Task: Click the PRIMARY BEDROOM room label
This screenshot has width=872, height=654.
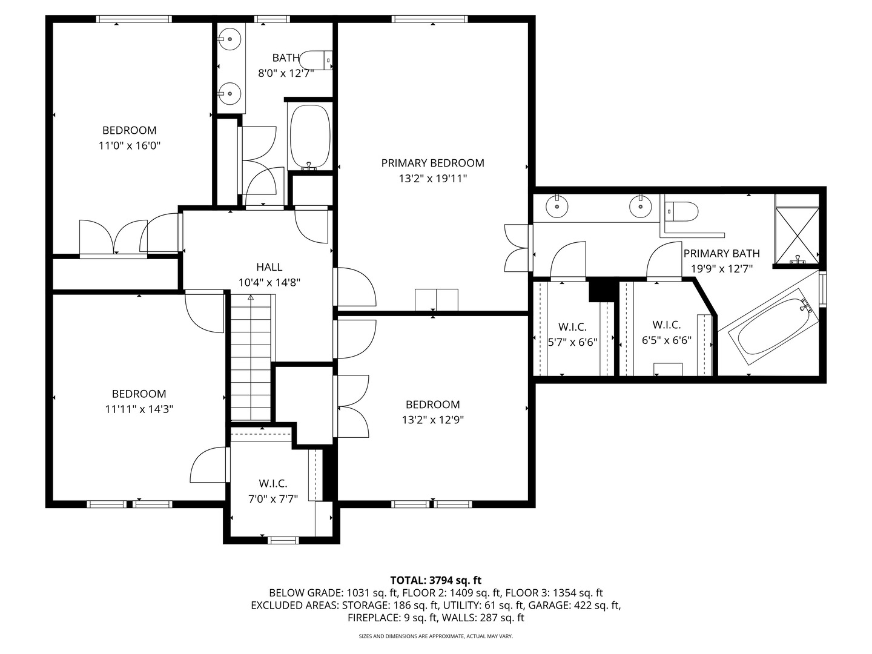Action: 432,163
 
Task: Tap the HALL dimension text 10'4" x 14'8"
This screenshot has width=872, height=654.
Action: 269,283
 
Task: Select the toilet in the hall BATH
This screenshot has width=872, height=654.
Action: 316,61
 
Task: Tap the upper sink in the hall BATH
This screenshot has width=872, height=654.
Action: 230,39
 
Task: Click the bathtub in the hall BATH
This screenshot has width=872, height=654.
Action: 310,137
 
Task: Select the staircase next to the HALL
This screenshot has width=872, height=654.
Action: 251,357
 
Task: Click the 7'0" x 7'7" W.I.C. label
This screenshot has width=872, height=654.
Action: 273,491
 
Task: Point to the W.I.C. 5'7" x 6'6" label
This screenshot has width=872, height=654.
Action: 572,334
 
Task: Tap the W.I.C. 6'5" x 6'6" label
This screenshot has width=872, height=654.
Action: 667,332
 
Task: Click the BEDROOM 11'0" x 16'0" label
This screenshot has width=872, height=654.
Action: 130,138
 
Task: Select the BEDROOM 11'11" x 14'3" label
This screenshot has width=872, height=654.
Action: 139,401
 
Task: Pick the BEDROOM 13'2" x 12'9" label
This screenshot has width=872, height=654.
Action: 432,412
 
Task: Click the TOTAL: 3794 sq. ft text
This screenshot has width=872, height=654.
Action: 436,581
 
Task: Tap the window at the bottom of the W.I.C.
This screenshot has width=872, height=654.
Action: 283,540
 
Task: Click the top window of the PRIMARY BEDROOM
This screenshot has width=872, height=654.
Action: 429,19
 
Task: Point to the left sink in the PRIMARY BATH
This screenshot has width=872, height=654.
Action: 557,206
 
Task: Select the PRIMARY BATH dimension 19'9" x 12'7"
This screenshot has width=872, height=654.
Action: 722,269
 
